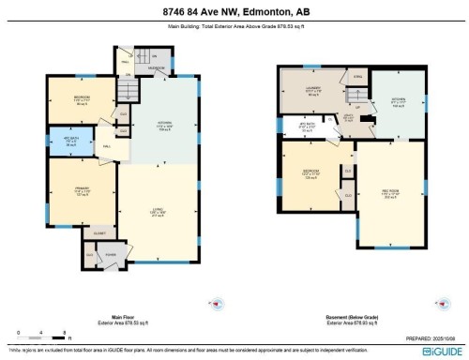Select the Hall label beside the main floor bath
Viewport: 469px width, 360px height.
pyautogui.click(x=107, y=146)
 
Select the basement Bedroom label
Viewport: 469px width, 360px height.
pyautogui.click(x=310, y=173)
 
